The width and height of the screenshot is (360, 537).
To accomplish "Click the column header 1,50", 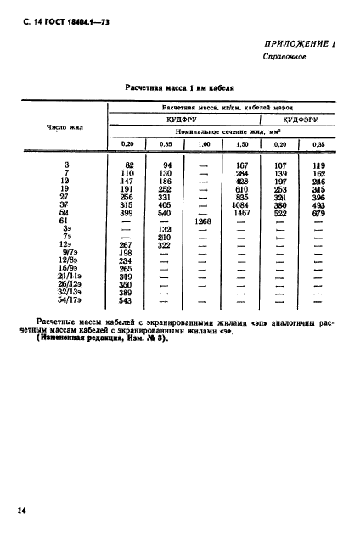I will pyautogui.click(x=242, y=145).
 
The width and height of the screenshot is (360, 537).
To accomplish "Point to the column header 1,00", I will pyautogui.click(x=203, y=145).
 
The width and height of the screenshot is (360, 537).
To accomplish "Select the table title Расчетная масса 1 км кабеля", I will pyautogui.click(x=179, y=87).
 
